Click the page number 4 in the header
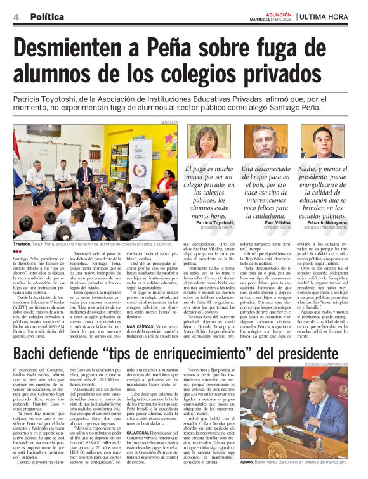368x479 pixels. click(16, 16)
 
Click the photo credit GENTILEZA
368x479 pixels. click(168, 122)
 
